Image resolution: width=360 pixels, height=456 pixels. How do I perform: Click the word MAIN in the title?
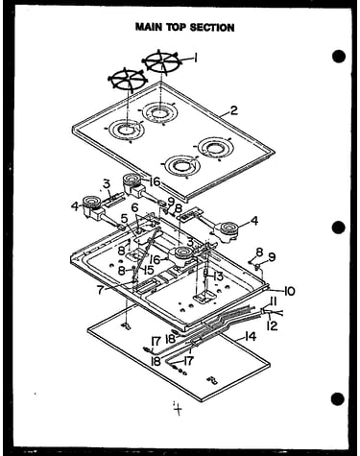[x=149, y=27]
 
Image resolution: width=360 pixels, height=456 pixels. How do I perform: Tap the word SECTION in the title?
[x=212, y=27]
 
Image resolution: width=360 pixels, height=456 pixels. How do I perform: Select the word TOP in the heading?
[x=176, y=27]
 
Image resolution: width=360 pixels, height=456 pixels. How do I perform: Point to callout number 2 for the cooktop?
[x=234, y=110]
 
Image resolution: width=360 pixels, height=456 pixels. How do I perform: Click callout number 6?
[x=134, y=207]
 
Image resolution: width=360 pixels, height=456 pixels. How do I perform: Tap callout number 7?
[x=101, y=290]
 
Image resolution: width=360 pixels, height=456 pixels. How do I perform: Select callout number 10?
[x=289, y=291]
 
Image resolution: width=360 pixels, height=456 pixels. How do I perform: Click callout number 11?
[x=274, y=301]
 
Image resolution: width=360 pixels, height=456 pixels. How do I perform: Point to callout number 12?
[x=272, y=325]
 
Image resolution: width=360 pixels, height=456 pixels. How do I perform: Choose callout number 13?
[x=218, y=276]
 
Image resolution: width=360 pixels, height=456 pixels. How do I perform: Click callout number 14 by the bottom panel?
[x=250, y=337]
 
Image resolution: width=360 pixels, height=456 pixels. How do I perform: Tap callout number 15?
[x=149, y=270]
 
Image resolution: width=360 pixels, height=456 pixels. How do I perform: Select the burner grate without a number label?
[x=128, y=79]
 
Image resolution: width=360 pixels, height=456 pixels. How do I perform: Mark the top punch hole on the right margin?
[x=339, y=57]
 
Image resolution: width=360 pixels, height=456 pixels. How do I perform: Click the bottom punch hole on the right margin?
[x=338, y=399]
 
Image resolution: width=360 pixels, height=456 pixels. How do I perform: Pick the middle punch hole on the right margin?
[x=339, y=228]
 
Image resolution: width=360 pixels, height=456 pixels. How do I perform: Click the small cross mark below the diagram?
[x=178, y=409]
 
